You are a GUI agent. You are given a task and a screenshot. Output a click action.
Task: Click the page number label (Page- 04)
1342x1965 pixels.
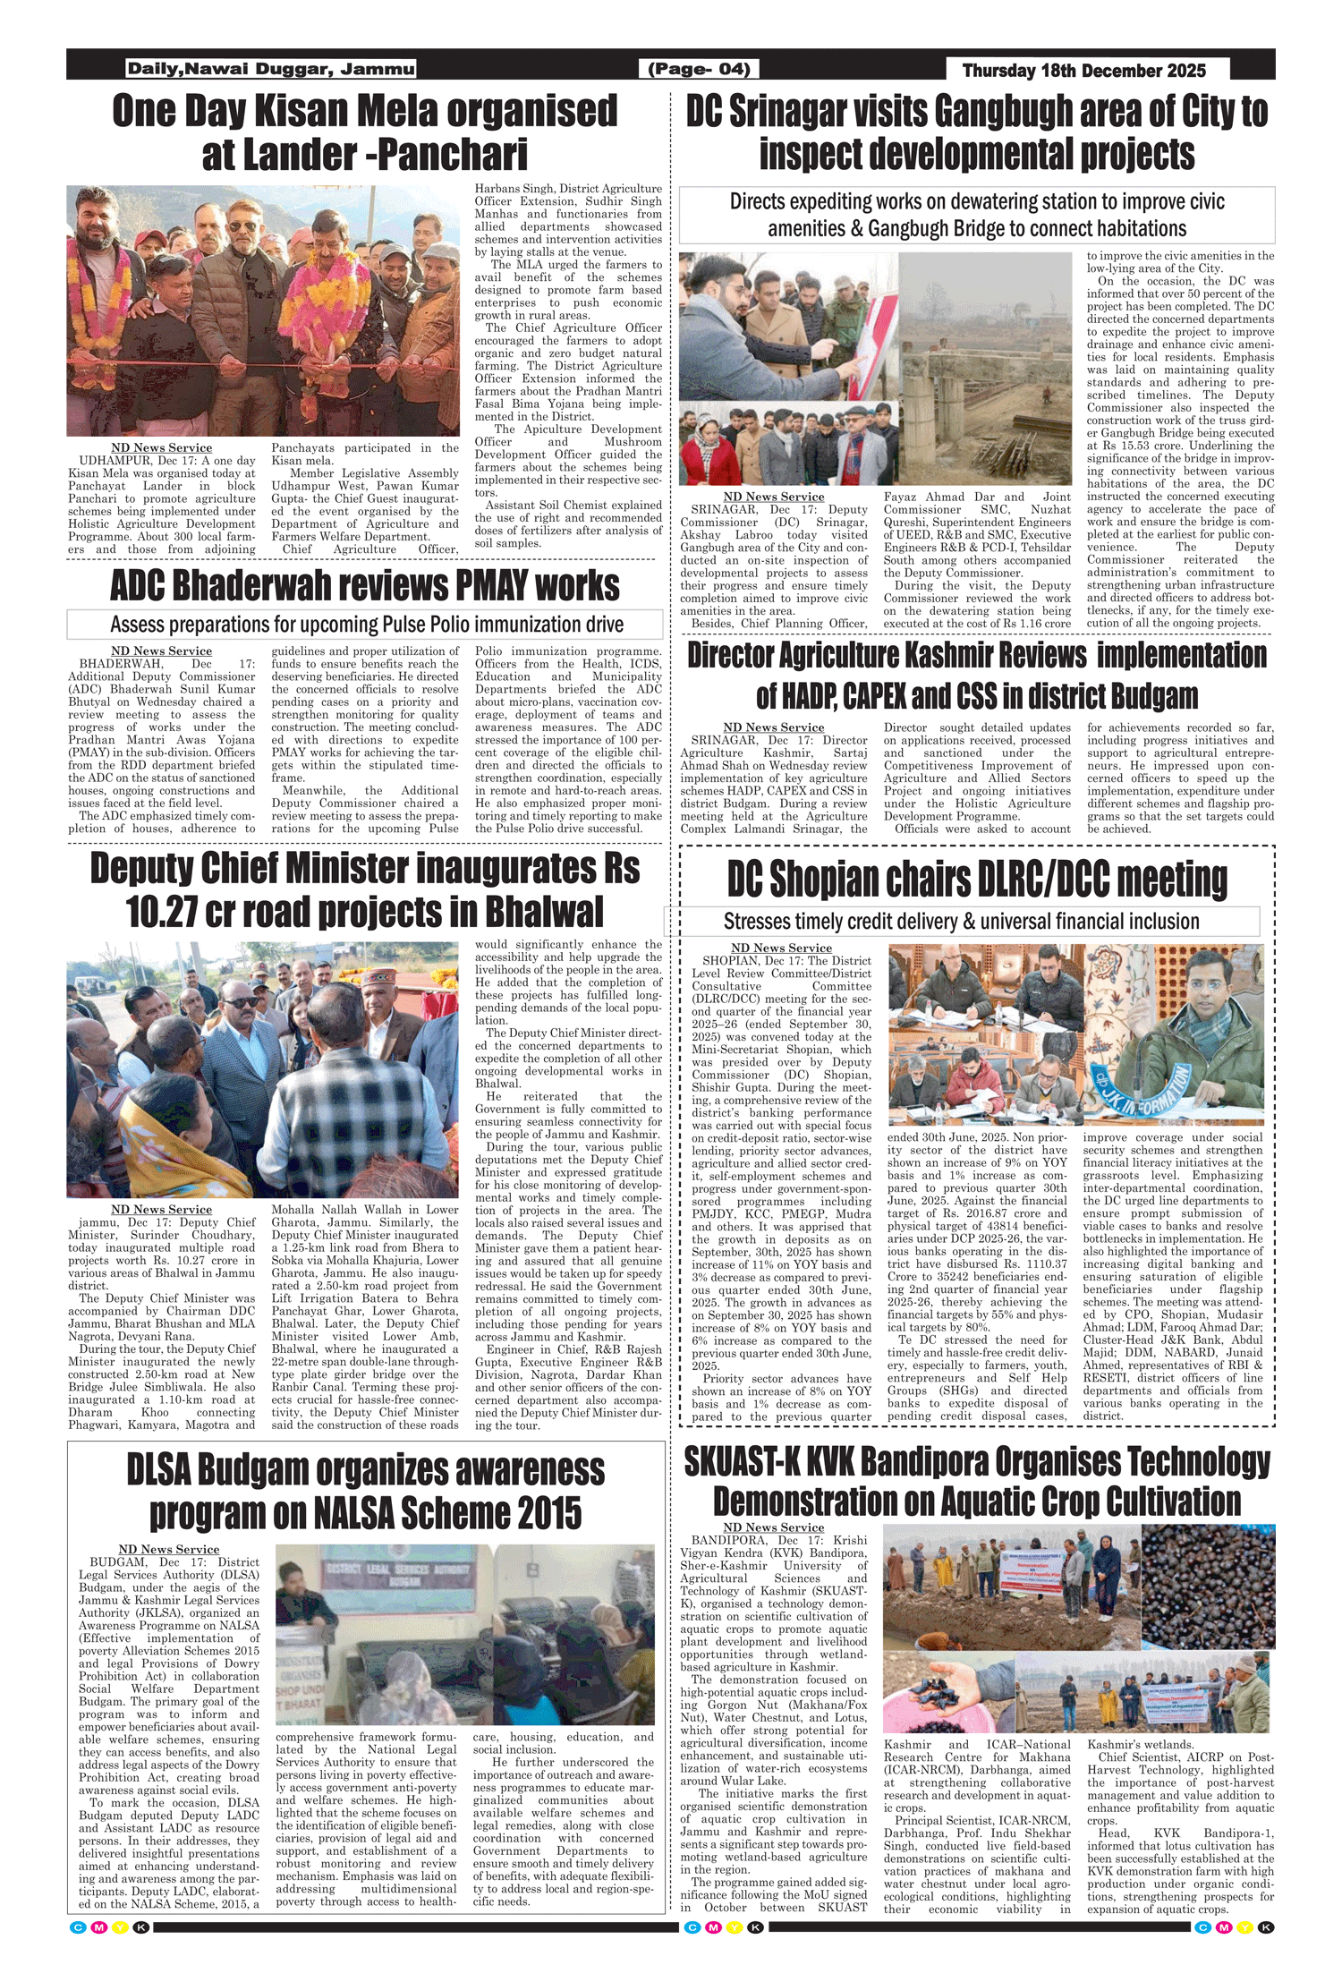point(698,69)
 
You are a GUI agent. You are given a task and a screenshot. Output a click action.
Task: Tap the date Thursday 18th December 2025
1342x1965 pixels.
point(1083,71)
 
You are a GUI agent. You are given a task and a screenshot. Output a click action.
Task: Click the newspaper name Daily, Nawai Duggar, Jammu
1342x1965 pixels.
point(271,69)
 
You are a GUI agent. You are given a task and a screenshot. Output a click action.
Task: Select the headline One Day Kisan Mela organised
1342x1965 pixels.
point(365,111)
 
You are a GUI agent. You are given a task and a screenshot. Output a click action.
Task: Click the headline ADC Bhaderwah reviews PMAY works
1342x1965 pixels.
point(365,586)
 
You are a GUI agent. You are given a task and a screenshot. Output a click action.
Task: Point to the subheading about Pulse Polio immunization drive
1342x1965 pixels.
point(365,624)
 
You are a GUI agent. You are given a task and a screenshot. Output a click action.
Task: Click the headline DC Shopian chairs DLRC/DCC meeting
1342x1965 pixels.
point(976,880)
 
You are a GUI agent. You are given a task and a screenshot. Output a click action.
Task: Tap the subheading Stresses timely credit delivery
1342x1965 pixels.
point(961,921)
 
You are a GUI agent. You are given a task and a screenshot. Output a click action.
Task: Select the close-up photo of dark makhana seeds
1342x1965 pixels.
point(1209,1586)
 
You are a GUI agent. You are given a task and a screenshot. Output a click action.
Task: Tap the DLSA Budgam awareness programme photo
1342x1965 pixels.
point(464,1635)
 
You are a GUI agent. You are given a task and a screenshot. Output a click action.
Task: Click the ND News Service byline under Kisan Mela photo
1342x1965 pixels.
point(161,447)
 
